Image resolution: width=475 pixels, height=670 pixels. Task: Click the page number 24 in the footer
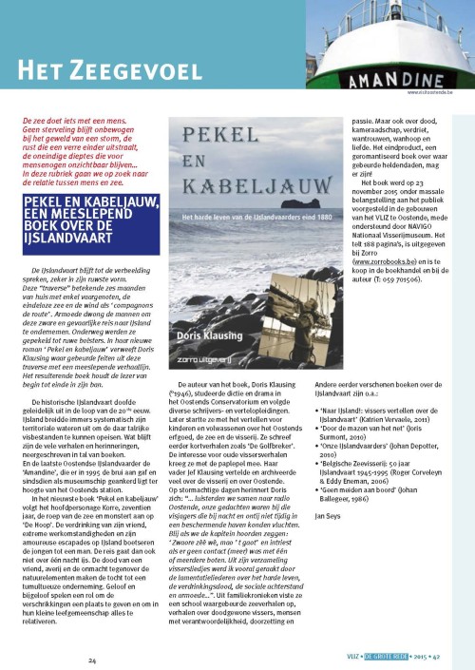pyautogui.click(x=92, y=660)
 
